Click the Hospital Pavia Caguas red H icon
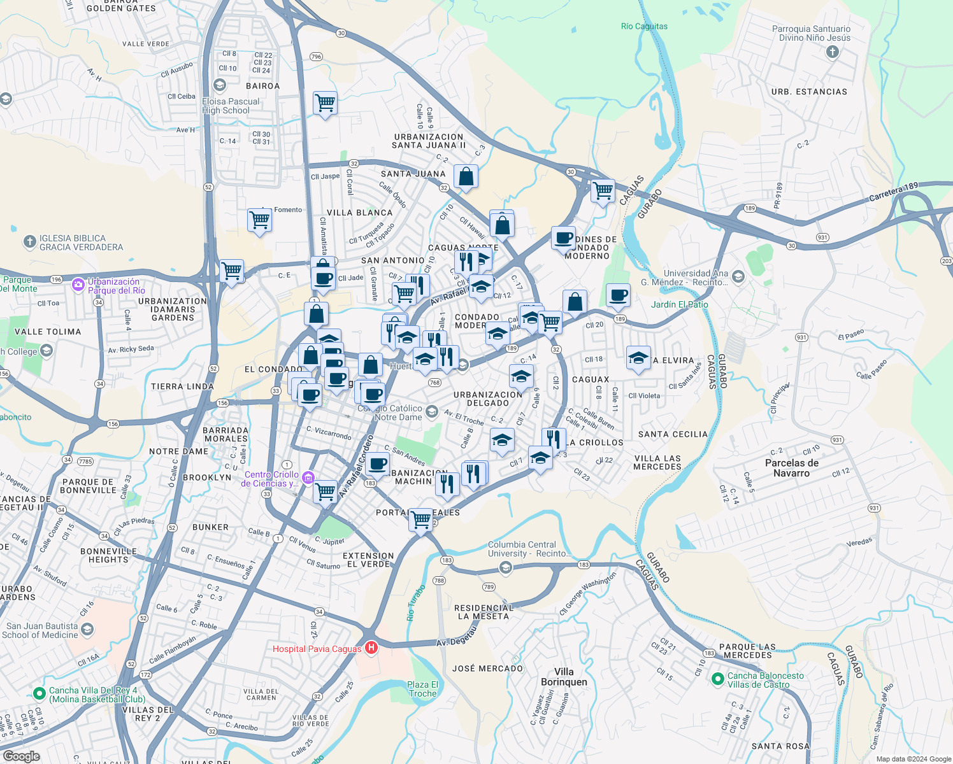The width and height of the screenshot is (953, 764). [x=371, y=648]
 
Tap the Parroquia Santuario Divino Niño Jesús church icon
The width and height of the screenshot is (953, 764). [x=832, y=52]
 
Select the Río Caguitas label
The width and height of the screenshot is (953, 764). [x=644, y=26]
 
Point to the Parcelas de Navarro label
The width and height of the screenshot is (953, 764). [x=791, y=468]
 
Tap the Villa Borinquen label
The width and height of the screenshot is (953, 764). [x=564, y=677]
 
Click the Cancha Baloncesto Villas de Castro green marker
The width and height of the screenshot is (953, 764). [x=717, y=680]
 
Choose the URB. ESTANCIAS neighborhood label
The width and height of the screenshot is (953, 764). [x=809, y=92]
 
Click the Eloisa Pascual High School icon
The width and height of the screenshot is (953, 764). [x=220, y=85]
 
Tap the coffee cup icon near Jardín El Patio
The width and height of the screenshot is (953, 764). [x=618, y=295]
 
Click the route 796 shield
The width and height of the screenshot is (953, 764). [x=317, y=57]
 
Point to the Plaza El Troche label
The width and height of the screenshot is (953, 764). [x=423, y=689]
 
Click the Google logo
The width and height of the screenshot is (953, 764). [x=22, y=756]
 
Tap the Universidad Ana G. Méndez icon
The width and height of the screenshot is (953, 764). [x=738, y=276]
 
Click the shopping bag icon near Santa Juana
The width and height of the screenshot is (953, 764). [x=466, y=176]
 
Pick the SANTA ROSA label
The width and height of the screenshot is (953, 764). [x=780, y=746]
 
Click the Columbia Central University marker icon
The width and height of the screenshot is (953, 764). [x=506, y=568]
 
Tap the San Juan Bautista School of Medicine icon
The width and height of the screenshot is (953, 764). [x=87, y=630]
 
